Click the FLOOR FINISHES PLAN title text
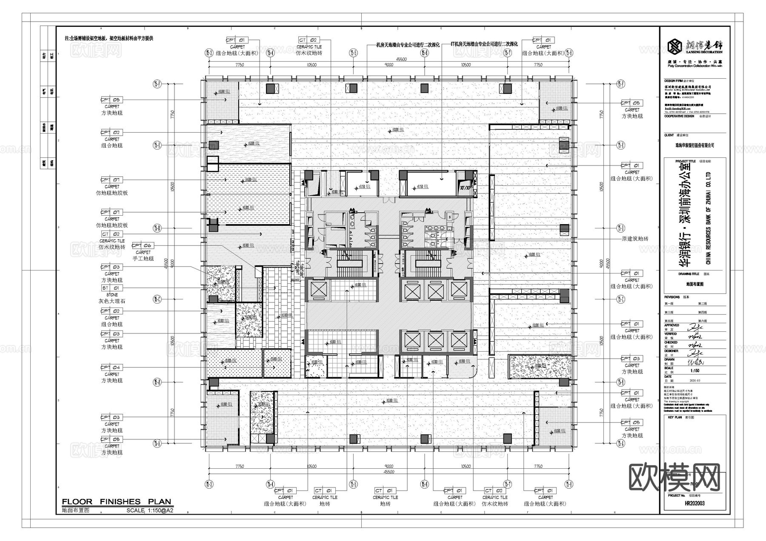[116, 502]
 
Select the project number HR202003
[695, 503]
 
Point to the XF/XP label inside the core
[466, 188]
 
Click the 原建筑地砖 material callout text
[635, 239]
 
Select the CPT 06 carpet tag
[142, 245]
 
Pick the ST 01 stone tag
[111, 288]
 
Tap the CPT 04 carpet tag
[111, 367]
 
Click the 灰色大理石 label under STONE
[111, 301]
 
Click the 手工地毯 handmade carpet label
[143, 259]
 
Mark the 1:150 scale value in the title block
[695, 371]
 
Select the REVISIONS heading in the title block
[672, 297]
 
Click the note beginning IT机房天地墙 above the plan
[484, 44]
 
